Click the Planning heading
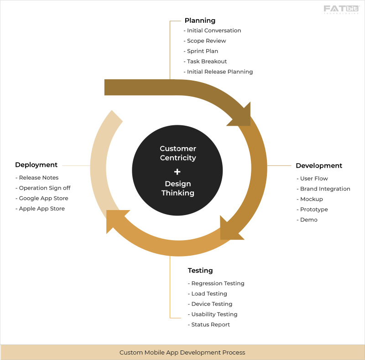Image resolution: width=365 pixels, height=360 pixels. (200, 21)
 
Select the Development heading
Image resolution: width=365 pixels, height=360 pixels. (319, 165)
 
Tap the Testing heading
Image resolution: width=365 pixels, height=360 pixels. (200, 271)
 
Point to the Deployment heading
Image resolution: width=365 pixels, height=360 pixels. (36, 165)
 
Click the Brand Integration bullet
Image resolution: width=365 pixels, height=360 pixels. (325, 189)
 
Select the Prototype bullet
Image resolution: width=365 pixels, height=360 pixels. (314, 210)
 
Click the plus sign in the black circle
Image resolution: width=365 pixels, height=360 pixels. (177, 171)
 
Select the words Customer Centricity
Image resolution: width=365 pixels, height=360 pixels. (178, 153)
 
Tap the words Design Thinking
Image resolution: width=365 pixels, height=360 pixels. (178, 188)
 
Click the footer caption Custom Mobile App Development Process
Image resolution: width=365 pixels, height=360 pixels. (182, 352)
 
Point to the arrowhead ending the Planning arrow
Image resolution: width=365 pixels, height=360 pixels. (240, 115)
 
